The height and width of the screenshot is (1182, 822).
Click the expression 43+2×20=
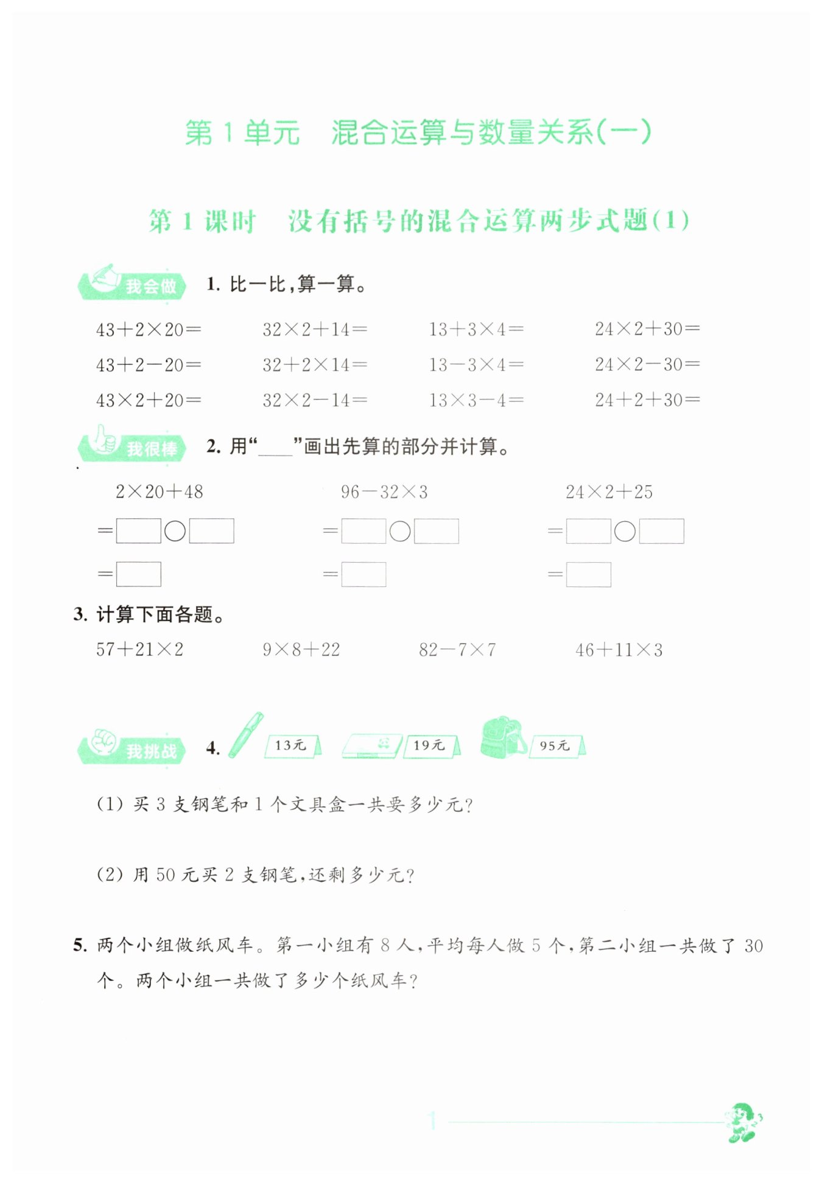[x=148, y=329]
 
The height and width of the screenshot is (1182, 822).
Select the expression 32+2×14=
[x=314, y=365]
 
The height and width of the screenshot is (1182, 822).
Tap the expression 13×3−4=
[x=476, y=400]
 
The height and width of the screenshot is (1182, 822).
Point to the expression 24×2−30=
[x=647, y=364]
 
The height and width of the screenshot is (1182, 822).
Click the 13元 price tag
[x=292, y=745]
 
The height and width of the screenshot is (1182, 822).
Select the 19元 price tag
[x=430, y=745]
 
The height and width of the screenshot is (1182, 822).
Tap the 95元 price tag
[x=556, y=745]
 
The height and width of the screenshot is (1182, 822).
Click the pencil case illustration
[x=371, y=745]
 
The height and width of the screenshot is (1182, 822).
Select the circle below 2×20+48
[x=175, y=531]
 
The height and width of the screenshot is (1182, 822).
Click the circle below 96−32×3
[x=400, y=531]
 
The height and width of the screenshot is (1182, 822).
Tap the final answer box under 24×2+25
[x=588, y=574]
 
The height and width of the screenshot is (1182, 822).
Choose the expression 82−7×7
[x=457, y=650]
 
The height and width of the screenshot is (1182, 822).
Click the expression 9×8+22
[x=301, y=650]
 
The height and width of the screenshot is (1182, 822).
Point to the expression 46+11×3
[x=618, y=650]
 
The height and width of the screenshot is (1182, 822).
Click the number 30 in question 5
[x=753, y=946]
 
